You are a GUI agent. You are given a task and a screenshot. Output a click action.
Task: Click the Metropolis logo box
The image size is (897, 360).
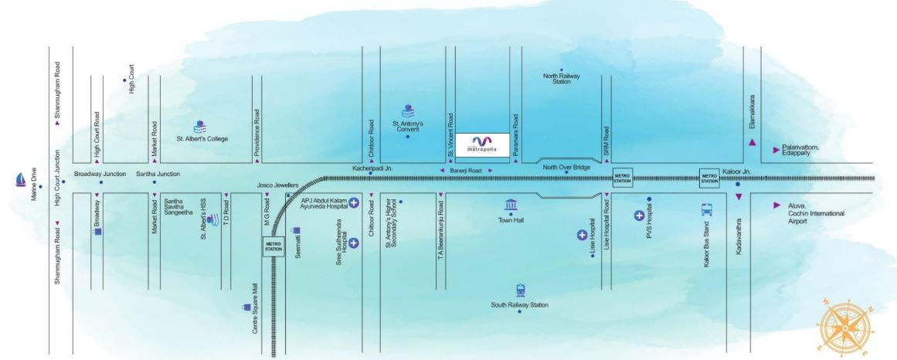[482, 144]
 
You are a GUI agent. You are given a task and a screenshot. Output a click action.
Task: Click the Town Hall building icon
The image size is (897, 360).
[511, 205]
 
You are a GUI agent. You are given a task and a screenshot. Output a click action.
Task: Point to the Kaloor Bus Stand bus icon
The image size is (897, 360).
[706, 209]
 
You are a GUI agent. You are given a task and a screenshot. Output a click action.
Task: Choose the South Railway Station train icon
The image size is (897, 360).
[520, 290]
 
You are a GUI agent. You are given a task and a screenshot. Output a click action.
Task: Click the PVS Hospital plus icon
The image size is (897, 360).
[639, 215]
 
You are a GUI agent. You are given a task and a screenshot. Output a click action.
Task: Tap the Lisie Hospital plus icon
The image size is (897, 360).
[583, 235]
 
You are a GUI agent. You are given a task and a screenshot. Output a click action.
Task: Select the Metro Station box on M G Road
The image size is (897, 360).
[274, 246]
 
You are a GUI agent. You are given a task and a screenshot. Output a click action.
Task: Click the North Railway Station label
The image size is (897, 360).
[562, 79]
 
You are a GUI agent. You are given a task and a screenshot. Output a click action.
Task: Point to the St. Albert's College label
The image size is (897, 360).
[202, 139]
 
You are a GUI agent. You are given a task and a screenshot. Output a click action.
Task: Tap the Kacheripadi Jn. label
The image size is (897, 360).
[373, 167]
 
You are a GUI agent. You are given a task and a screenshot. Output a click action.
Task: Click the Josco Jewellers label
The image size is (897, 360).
[277, 185]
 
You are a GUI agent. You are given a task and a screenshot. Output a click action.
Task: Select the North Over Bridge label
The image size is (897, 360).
[566, 167]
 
